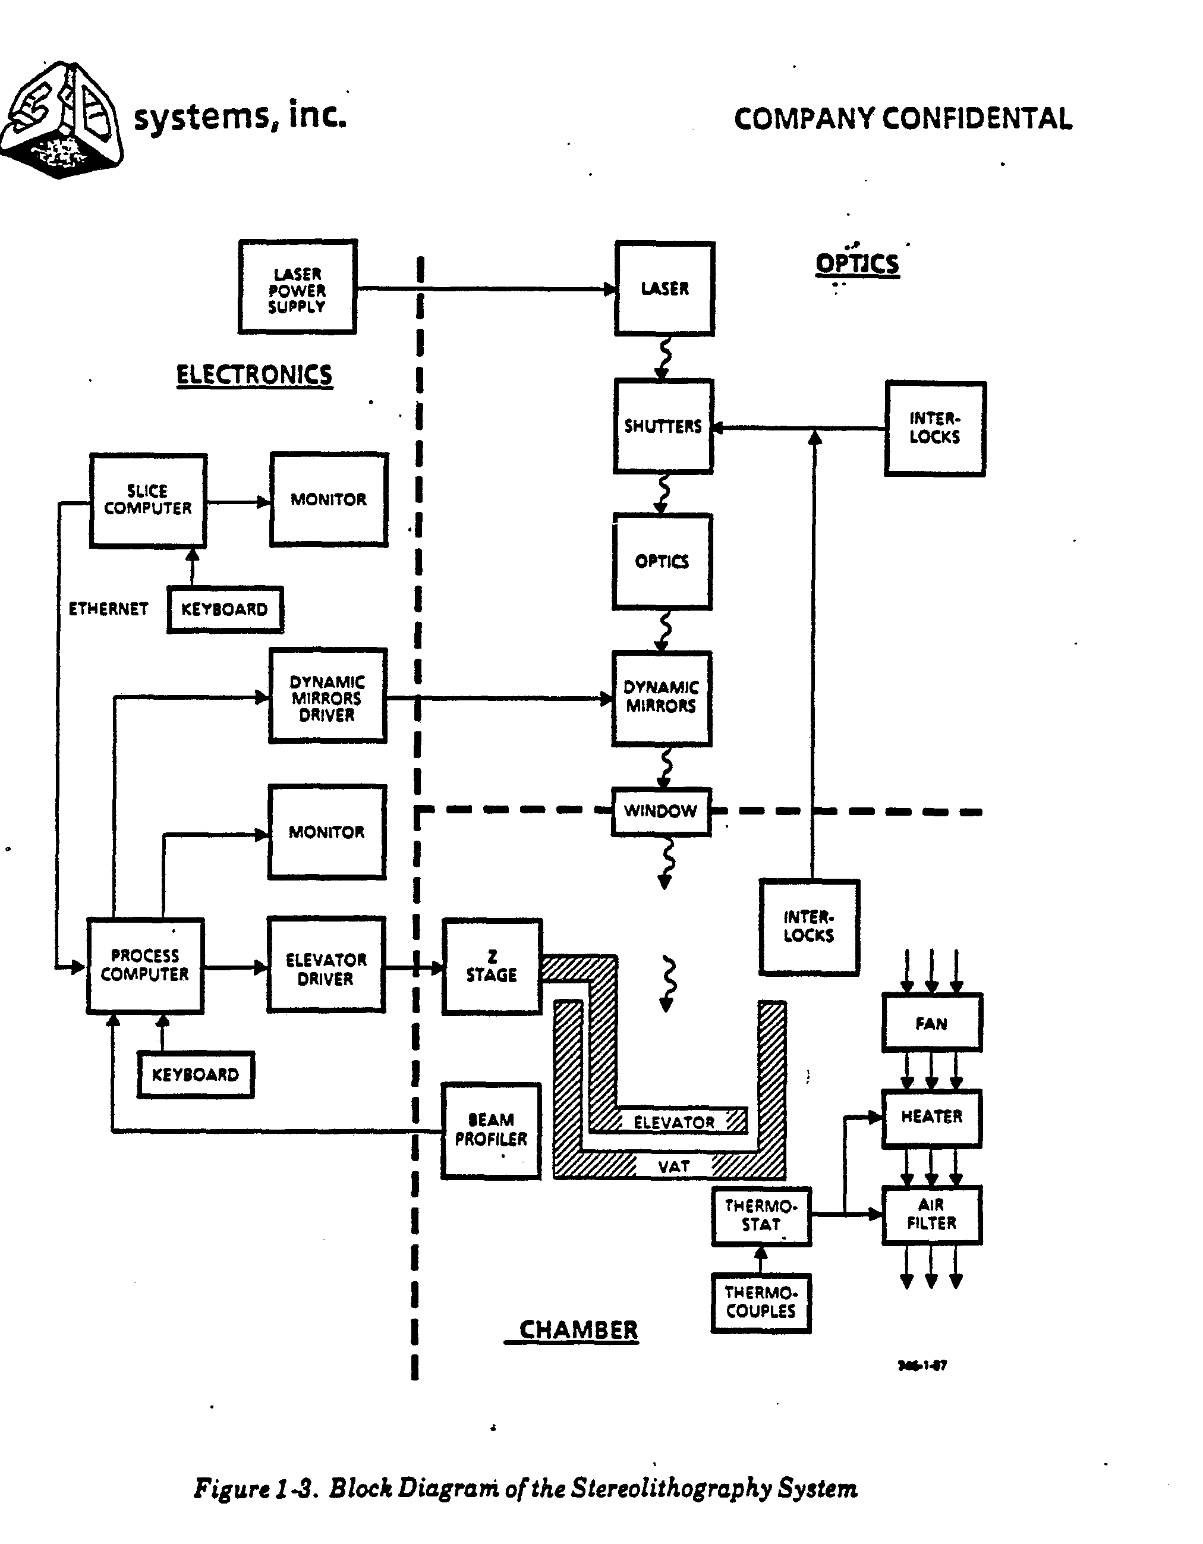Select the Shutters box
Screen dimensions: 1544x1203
[x=663, y=426]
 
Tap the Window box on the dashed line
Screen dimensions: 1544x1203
[x=661, y=811]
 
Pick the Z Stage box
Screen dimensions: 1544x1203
[x=492, y=967]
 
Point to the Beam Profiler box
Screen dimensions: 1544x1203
[x=491, y=1130]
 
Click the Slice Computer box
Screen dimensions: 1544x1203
[x=148, y=500]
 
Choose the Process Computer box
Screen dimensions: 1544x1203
[x=145, y=966]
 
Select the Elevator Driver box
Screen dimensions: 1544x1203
[x=326, y=966]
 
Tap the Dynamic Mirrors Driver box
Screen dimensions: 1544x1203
[x=327, y=696]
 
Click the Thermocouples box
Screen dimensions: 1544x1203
[x=761, y=1302]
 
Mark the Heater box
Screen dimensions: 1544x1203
[x=931, y=1117]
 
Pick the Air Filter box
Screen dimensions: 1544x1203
[x=931, y=1214]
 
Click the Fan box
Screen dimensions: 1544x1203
[x=931, y=1023]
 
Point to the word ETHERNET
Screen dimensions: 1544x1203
[x=108, y=609]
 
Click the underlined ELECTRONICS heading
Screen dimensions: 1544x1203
[x=254, y=375]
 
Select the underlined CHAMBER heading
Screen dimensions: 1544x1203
[x=578, y=1330]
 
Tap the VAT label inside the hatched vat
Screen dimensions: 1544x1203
[x=673, y=1166]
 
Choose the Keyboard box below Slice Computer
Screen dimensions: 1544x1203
[x=225, y=609]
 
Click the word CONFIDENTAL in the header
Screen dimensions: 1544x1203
[x=978, y=119]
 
